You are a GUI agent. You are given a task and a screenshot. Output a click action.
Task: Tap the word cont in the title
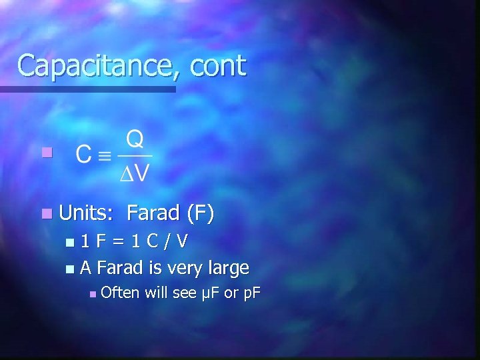[x=218, y=66]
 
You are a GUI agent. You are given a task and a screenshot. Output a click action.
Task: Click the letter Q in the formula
[x=135, y=140]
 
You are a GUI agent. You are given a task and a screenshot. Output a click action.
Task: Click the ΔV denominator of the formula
[x=135, y=173]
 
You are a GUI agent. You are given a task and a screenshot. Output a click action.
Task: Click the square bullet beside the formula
[x=45, y=153]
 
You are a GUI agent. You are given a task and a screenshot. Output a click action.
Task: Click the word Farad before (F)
[x=153, y=213]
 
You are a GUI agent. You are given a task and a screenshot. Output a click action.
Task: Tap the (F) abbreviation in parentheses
[x=200, y=213]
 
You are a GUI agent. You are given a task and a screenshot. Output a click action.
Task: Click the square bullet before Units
[x=45, y=214]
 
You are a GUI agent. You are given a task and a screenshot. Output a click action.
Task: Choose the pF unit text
[x=251, y=293]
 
